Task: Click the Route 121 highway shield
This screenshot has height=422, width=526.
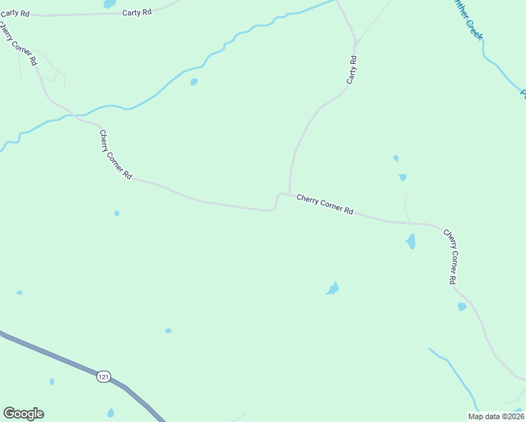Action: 103,377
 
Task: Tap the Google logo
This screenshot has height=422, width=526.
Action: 23,414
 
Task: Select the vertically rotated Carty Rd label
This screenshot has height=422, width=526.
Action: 352,71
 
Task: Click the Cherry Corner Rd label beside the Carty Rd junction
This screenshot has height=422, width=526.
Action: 324,206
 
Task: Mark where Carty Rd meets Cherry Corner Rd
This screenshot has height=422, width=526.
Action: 289,193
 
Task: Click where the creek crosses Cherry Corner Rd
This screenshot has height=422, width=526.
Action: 74,115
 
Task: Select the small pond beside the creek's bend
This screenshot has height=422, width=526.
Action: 193,82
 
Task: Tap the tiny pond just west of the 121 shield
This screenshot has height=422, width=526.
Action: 51,382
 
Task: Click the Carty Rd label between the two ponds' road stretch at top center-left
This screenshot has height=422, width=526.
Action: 136,13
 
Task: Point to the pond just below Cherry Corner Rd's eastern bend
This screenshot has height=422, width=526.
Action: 410,242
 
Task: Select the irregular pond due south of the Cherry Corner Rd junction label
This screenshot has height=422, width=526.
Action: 333,288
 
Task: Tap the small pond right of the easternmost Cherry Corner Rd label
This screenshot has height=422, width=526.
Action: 461,307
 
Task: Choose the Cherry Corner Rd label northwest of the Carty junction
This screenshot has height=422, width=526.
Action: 115,155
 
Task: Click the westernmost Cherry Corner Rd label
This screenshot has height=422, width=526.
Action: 18,44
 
